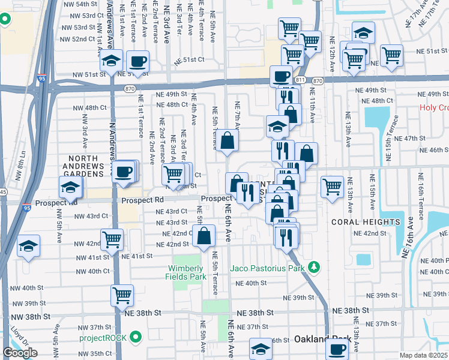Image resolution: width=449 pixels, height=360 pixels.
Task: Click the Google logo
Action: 20,353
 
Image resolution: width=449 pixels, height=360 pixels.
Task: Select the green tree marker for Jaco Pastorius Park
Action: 313,266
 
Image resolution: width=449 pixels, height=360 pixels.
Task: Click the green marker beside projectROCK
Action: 136,337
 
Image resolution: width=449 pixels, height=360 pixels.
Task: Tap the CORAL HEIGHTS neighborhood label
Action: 365,222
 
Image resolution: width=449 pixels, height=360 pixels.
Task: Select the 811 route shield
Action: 301,80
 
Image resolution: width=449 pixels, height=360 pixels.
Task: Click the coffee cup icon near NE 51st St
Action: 137,62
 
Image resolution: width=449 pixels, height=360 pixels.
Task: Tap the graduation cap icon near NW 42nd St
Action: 28,246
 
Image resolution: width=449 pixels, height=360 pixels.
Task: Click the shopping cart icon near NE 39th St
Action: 122,295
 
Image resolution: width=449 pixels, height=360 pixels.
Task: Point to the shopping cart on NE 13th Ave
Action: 332,187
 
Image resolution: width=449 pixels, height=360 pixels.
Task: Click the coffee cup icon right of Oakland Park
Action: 337,348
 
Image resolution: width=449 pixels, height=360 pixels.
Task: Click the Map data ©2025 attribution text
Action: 424,355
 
